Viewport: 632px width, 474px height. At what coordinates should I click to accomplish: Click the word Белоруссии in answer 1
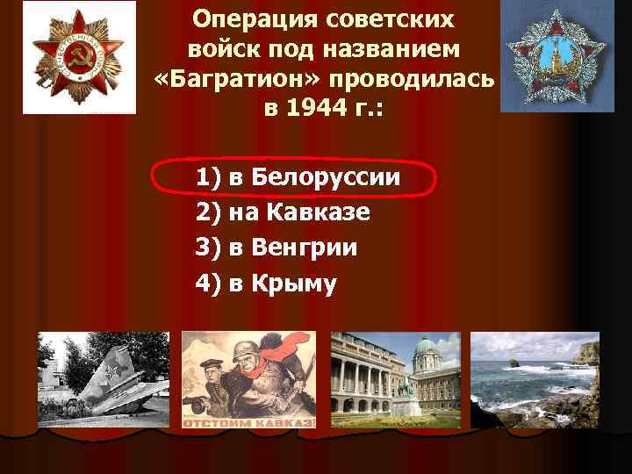[326, 178]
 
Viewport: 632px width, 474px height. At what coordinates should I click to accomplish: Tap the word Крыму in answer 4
[293, 284]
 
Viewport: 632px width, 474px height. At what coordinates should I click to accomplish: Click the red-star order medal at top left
[79, 57]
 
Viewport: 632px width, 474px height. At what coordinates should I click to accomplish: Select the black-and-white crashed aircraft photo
[103, 379]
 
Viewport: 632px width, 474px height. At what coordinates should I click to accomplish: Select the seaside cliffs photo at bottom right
[535, 379]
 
